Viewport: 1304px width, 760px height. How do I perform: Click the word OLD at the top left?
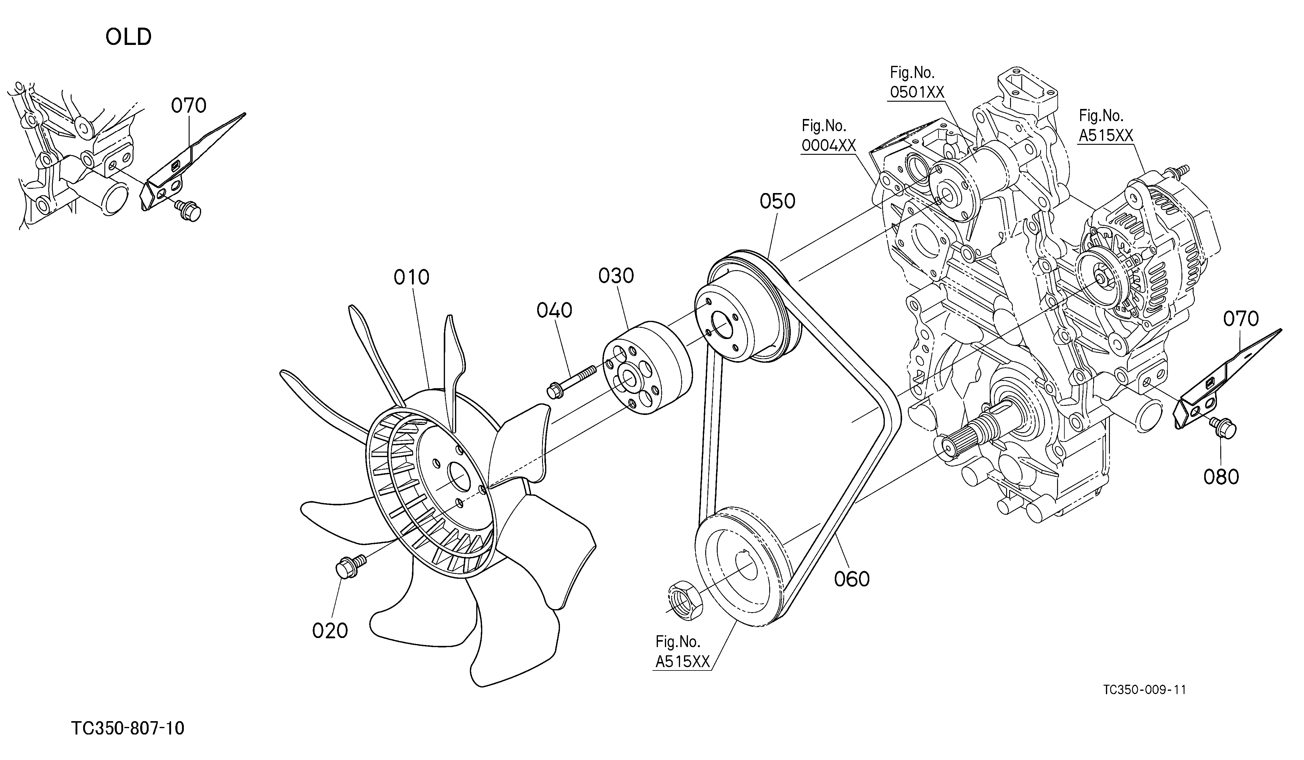(x=128, y=37)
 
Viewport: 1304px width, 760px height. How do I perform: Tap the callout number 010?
(x=411, y=277)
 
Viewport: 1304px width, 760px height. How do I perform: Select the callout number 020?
(x=330, y=631)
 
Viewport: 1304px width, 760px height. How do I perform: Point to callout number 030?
(x=616, y=276)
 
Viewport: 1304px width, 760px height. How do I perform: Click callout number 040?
(x=554, y=310)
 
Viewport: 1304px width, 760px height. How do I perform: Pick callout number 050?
(x=777, y=202)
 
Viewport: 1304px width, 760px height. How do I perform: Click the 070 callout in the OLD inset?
(x=189, y=106)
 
